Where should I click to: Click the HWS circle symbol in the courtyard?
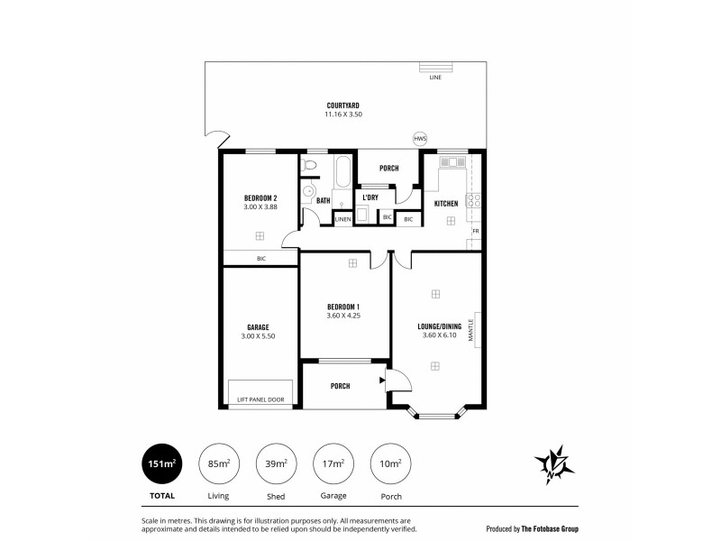point(419,139)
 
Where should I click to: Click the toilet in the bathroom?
point(309,165)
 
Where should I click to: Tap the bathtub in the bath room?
point(343,171)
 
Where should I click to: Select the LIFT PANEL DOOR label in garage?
point(261,399)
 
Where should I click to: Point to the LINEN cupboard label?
point(342,219)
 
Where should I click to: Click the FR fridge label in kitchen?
point(475,232)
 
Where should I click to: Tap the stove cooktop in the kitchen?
point(474,202)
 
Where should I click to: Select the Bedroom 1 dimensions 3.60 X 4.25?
point(343,316)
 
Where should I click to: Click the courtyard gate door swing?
point(216,139)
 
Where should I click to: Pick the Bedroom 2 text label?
point(260,198)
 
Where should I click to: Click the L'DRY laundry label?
point(370,197)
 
